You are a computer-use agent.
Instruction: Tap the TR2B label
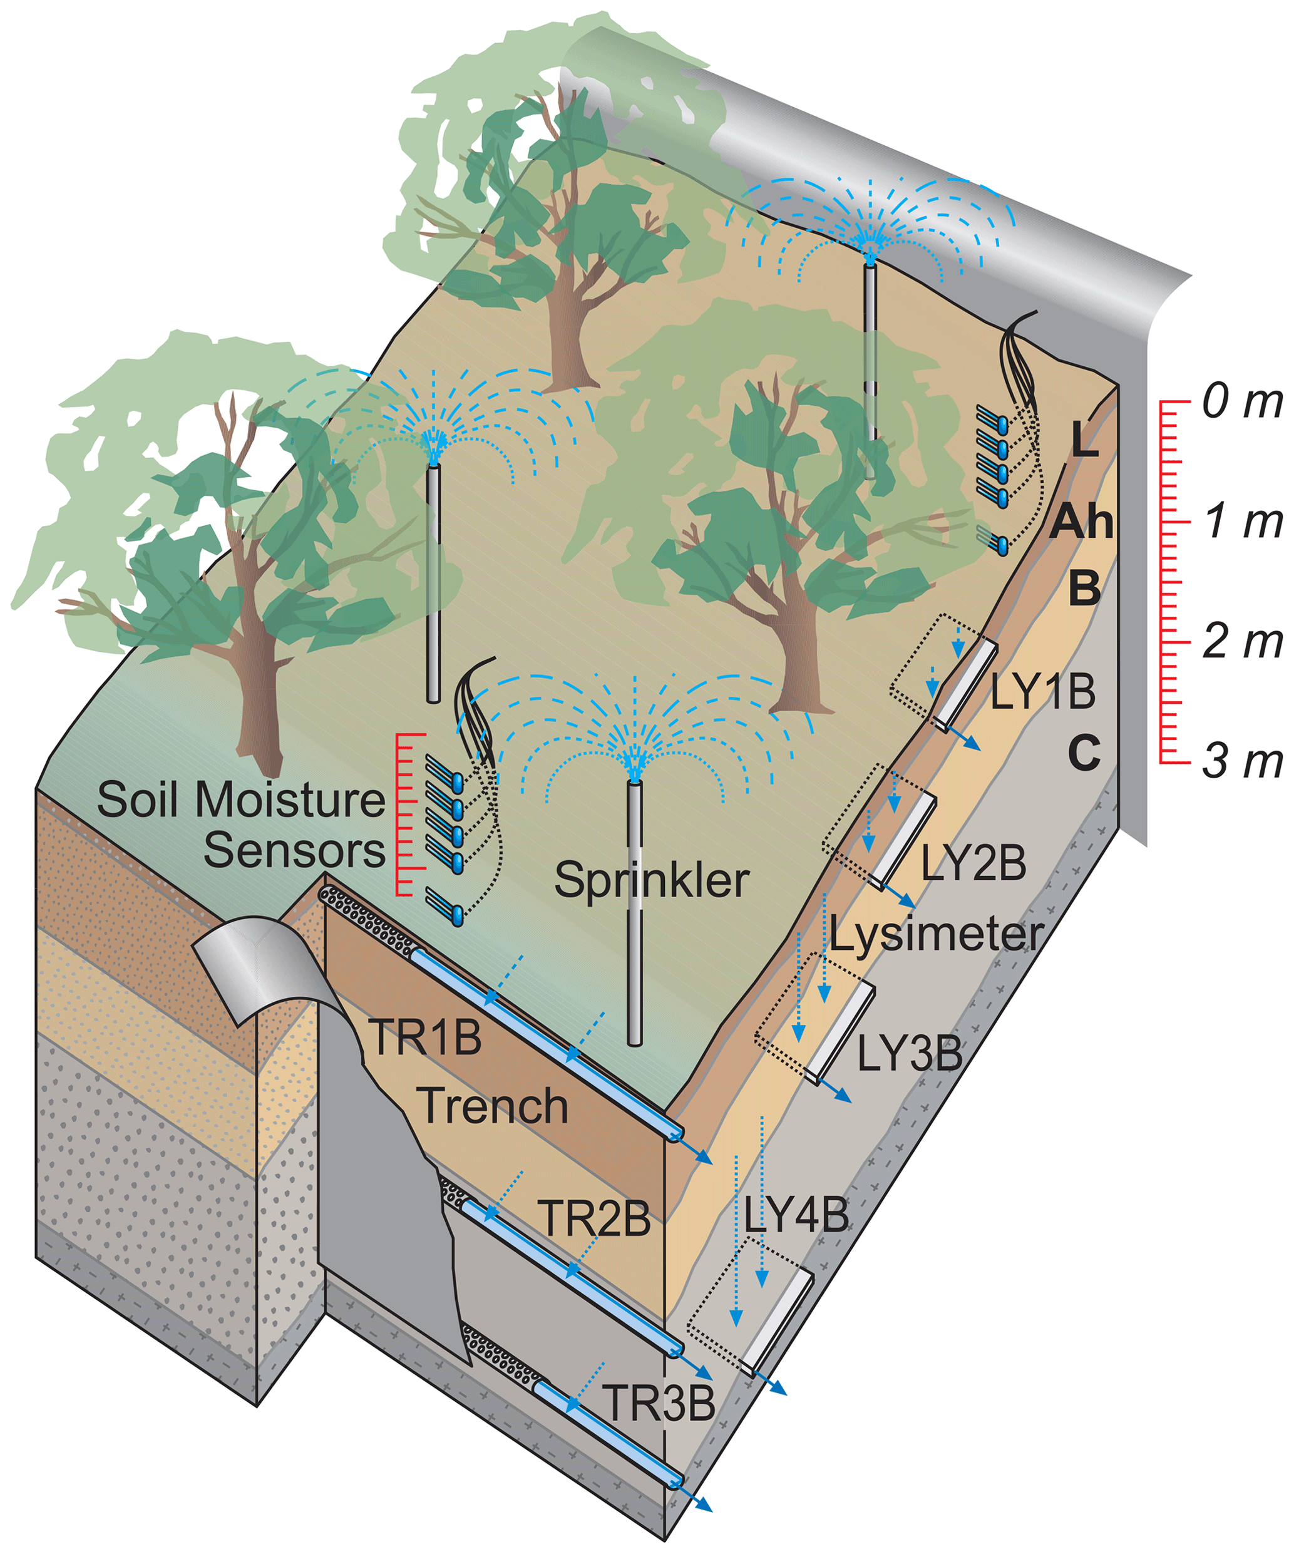(594, 1218)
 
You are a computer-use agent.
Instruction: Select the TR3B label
(659, 1402)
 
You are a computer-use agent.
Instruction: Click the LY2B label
(973, 863)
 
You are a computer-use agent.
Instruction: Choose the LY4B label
(796, 1215)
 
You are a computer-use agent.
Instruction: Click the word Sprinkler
(652, 880)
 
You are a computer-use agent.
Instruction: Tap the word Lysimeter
(936, 935)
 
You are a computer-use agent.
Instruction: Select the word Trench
(493, 1106)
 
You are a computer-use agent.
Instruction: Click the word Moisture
(290, 800)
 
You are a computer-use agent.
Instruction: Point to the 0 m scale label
(1241, 402)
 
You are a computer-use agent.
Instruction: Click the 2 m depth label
(1241, 641)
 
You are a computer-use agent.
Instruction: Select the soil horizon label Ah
(1082, 522)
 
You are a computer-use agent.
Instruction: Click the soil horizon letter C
(1084, 753)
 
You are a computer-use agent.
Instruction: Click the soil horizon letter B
(1084, 589)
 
